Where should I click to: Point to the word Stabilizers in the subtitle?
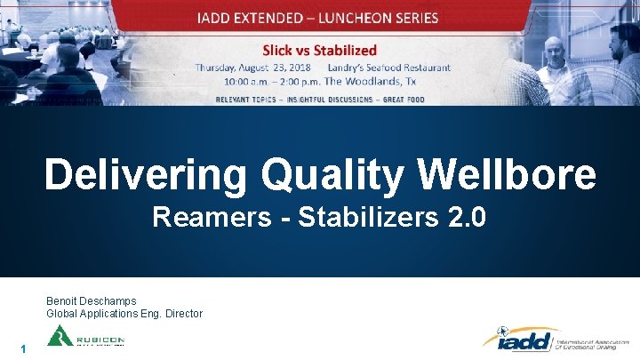tap(362, 217)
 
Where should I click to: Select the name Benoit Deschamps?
tap(92, 301)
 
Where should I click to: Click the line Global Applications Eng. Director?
tap(124, 314)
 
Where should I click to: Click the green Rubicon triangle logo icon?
tap(60, 337)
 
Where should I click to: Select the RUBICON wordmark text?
tap(100, 340)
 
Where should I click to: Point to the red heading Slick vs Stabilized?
tap(318, 51)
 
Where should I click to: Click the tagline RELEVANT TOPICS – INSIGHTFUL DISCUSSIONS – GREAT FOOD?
tap(319, 99)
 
